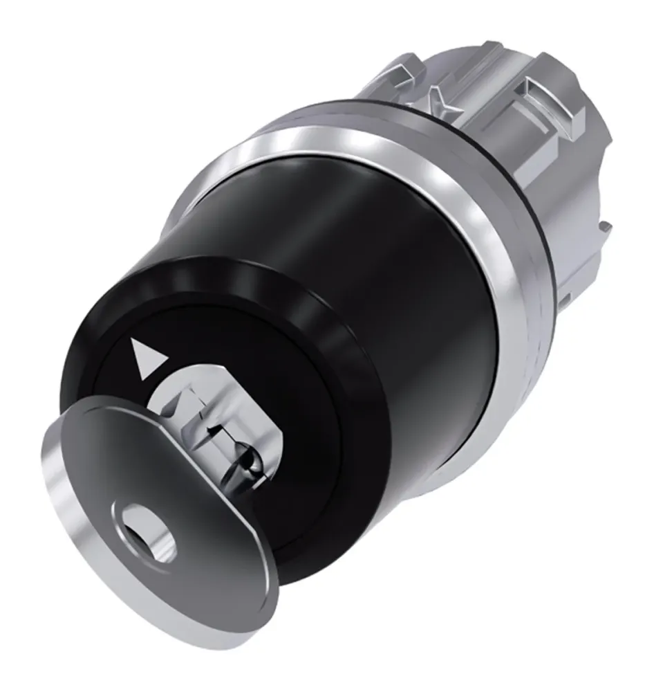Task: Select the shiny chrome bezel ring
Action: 477,228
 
